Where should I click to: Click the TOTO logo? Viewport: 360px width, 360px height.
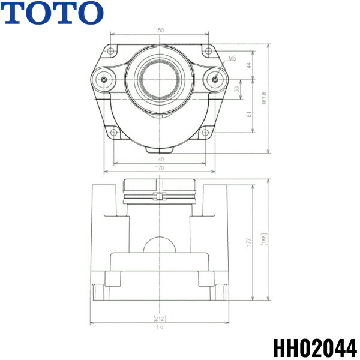click(52, 13)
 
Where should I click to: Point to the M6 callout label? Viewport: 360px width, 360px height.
click(233, 59)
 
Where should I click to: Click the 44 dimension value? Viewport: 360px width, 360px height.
click(248, 62)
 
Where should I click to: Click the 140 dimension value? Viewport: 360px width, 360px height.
click(160, 159)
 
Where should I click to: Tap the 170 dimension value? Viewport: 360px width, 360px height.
click(160, 169)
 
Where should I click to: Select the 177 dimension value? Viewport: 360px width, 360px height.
click(248, 241)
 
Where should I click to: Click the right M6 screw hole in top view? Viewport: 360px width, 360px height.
click(215, 79)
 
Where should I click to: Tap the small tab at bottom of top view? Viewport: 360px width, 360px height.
click(160, 148)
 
